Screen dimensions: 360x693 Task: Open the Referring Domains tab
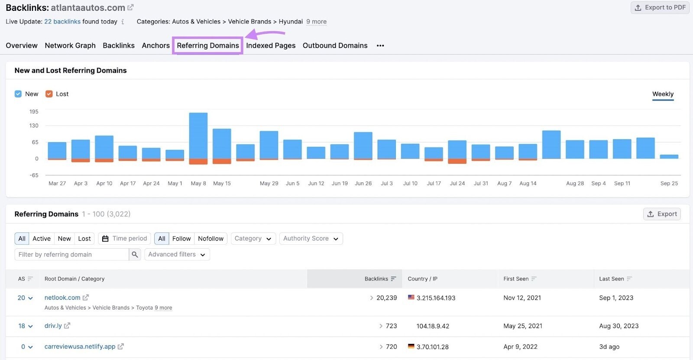207,45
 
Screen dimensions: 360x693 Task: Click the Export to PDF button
660,7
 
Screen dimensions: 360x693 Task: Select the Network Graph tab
70,45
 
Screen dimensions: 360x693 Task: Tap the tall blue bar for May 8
198,135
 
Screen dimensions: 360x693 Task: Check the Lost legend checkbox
49,94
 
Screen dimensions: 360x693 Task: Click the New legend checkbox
18,94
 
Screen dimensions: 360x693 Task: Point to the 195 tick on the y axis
34,112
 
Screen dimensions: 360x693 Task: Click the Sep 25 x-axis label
669,183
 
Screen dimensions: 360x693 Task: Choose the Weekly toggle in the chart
663,94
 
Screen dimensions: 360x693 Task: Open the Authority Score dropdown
311,239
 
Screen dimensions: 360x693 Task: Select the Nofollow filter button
210,239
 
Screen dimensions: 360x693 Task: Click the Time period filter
125,239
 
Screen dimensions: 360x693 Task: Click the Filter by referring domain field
71,255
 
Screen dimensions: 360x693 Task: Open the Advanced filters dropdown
177,255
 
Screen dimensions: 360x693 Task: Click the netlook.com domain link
62,298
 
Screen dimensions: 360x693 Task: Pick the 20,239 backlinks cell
386,298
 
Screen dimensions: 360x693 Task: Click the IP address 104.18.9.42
433,326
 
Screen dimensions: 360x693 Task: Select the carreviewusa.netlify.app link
80,347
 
